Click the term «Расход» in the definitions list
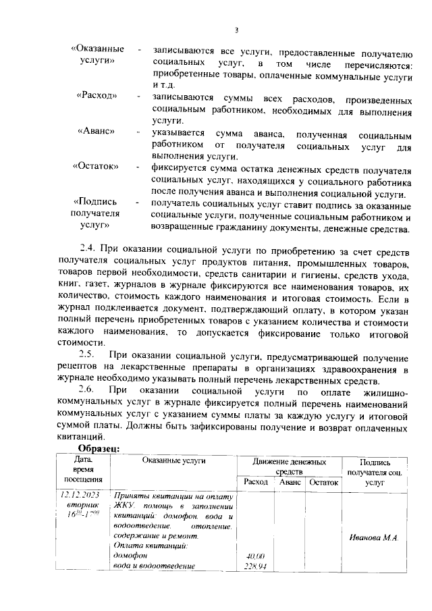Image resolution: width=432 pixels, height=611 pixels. [x=97, y=97]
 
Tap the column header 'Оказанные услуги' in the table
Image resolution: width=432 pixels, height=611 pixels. [x=173, y=460]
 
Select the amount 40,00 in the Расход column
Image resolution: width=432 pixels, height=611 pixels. [x=256, y=556]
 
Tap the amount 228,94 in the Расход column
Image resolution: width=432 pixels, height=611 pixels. [x=256, y=566]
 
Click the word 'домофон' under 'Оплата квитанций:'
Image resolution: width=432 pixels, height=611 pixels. [x=130, y=556]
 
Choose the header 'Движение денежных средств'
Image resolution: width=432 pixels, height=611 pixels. [x=290, y=467]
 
